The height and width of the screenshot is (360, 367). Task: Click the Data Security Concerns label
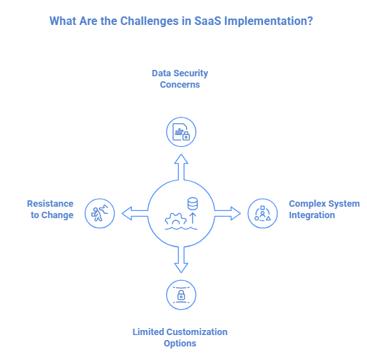click(180, 79)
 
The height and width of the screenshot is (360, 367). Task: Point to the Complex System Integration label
click(324, 209)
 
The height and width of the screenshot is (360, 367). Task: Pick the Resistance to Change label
click(50, 209)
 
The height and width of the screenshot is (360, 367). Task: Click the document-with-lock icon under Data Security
click(181, 132)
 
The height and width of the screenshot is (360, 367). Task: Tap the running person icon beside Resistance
click(99, 212)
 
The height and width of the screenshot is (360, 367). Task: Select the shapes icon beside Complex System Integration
click(262, 212)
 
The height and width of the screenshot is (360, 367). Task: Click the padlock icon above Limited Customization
click(181, 293)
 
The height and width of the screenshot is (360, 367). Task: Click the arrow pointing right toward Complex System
click(228, 212)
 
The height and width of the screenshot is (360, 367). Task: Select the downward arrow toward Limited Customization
click(181, 259)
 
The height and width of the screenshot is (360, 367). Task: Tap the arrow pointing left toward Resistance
click(134, 212)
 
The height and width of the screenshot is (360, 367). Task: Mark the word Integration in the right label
click(312, 215)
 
